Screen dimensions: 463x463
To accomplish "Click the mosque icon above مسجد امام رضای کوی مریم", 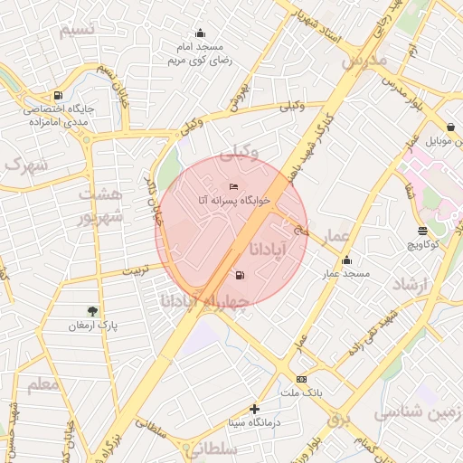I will coord(200,33).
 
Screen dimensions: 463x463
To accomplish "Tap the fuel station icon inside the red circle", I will coord(239,276).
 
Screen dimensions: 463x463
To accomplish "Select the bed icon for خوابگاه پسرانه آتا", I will coord(234,186).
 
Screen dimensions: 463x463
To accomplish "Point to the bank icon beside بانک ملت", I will coord(301,380).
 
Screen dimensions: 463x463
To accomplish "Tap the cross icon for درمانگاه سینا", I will coord(254,409).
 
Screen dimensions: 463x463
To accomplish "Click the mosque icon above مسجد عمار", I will coord(345,260).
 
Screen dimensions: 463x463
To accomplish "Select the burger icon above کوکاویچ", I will coord(422,231).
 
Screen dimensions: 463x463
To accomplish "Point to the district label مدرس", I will coord(364,61).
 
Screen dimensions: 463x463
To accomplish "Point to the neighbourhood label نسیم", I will coord(77,31).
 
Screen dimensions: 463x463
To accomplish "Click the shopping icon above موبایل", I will coord(450,128).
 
